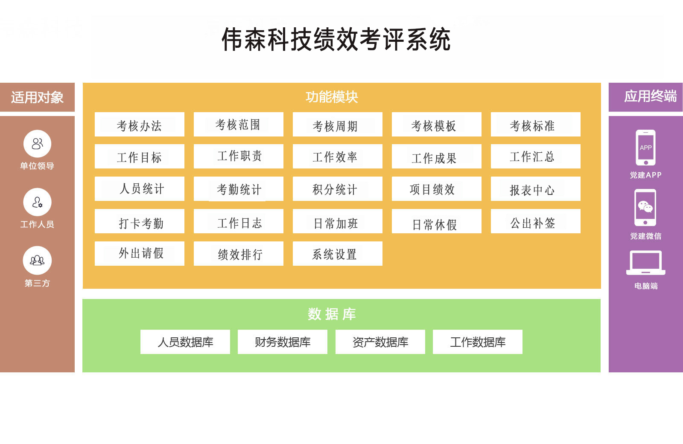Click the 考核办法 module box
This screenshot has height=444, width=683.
click(139, 125)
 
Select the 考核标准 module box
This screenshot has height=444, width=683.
click(535, 125)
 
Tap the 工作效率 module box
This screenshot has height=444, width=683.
click(338, 157)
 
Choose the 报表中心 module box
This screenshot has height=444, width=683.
click(535, 189)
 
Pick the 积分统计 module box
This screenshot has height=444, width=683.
click(338, 189)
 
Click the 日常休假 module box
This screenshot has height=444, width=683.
click(437, 221)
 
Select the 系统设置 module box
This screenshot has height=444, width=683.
click(338, 253)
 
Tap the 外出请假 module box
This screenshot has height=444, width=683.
click(139, 253)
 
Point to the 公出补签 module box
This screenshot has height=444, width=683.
click(535, 221)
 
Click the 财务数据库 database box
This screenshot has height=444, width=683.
click(282, 342)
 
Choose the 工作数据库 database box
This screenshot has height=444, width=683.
click(478, 342)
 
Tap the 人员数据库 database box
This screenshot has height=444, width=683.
click(185, 342)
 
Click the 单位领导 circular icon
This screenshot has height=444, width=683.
click(37, 144)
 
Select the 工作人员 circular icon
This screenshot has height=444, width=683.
click(37, 202)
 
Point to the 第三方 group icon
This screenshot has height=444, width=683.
click(37, 260)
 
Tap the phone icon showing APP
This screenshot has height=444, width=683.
click(645, 148)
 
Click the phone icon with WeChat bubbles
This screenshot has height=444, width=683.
click(645, 208)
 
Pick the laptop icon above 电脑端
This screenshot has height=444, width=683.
click(646, 263)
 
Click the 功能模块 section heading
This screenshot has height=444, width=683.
click(332, 97)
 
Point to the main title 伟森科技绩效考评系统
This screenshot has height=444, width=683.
click(336, 40)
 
